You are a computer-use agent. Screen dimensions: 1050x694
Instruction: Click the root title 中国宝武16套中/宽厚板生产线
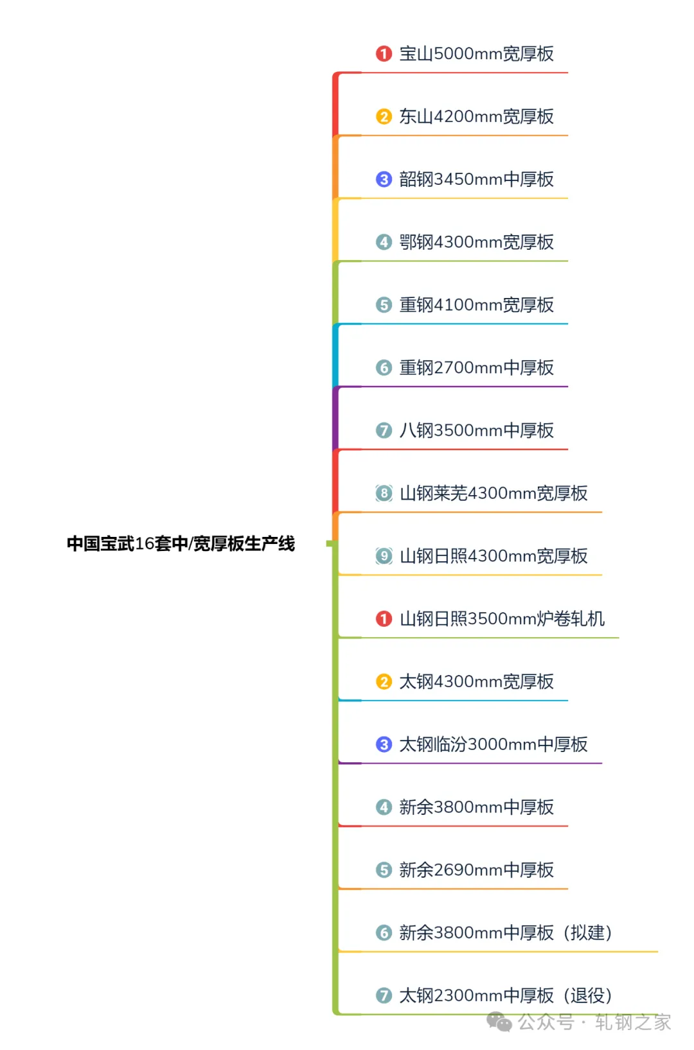pos(181,543)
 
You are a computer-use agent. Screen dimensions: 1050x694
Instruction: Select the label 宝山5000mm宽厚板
pos(476,53)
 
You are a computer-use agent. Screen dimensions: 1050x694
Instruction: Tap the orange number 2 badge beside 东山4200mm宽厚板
pos(384,116)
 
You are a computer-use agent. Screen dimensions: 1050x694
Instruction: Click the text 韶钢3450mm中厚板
pos(476,179)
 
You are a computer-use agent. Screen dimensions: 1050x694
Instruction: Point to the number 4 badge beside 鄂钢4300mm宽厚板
pos(384,242)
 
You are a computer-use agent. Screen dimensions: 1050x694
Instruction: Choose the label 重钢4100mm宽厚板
pos(476,304)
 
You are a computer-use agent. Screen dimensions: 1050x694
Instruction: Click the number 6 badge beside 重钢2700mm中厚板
pos(384,367)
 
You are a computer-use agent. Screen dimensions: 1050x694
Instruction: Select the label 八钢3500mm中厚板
pos(476,430)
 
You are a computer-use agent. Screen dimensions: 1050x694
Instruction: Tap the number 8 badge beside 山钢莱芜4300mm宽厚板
pos(384,493)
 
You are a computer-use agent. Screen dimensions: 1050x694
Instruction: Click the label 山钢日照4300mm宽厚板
pos(494,556)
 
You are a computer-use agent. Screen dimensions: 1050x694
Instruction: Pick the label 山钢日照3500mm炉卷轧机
pos(502,618)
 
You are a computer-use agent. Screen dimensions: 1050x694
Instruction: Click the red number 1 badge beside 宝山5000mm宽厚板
pos(384,53)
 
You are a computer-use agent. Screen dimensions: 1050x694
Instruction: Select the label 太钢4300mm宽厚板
pos(476,681)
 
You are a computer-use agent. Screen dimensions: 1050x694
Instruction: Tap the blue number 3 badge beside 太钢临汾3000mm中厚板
pos(384,744)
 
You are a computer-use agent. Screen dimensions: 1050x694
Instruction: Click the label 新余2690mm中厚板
pos(476,870)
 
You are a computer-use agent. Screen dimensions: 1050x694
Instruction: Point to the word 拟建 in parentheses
pos(587,932)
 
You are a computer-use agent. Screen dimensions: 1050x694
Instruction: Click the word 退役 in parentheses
pos(587,995)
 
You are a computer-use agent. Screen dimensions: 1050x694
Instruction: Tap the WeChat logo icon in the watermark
pos(499,1021)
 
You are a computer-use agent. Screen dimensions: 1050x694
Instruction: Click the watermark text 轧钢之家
pos(632,1022)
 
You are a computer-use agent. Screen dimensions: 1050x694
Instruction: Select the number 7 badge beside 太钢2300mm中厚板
pos(384,995)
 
